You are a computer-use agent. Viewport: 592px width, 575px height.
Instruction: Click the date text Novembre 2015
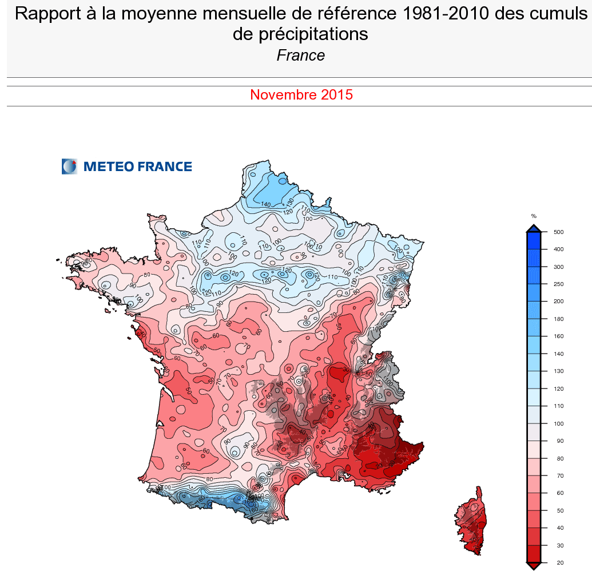(301, 95)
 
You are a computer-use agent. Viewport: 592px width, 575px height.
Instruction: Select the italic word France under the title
(300, 55)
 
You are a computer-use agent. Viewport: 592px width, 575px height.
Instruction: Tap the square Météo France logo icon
(69, 166)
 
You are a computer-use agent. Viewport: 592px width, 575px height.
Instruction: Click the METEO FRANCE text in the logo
(137, 166)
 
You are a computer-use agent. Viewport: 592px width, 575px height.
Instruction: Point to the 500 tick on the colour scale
(558, 232)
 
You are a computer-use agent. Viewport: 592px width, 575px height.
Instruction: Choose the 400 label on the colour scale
(558, 249)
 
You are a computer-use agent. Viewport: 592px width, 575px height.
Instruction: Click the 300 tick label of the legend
(558, 267)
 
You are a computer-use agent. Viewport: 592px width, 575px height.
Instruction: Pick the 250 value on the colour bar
(558, 284)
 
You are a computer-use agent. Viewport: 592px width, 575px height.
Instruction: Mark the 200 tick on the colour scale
(558, 302)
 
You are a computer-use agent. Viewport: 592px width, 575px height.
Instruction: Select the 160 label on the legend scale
(558, 336)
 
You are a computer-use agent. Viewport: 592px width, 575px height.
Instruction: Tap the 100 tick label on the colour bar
(558, 424)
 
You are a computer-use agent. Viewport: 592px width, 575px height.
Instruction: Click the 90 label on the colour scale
(557, 441)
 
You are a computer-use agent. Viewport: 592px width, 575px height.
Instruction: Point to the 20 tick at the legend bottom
(557, 564)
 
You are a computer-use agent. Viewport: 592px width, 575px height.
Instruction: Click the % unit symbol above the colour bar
(534, 216)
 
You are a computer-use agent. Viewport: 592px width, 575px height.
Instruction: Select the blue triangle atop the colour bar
(534, 228)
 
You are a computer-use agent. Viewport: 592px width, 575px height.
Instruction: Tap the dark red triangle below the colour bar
(534, 566)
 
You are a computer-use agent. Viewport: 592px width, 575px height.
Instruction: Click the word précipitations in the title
(300, 34)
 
